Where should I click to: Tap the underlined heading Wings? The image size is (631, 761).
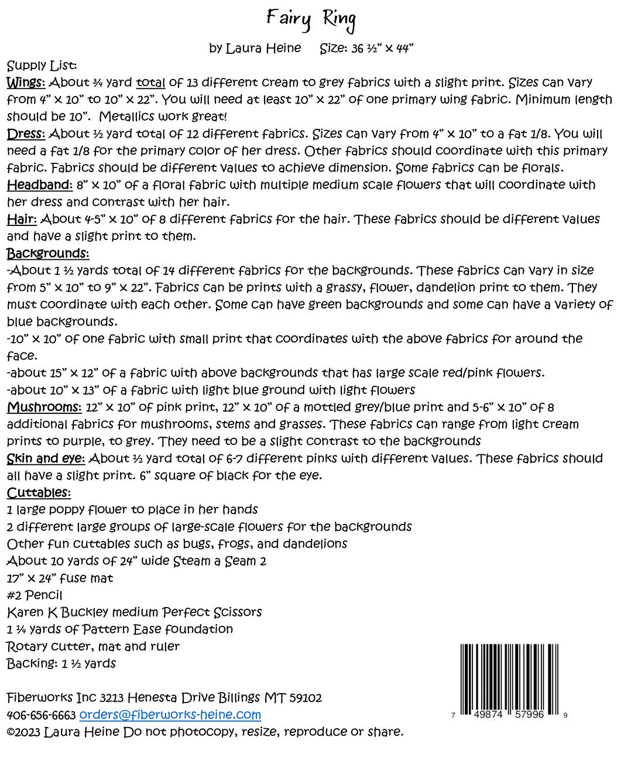pos(26,83)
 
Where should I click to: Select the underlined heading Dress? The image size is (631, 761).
pos(26,134)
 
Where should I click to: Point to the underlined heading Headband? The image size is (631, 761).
pos(40,185)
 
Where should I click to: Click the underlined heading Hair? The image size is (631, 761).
pos(22,220)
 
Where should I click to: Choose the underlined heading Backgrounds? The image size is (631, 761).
pos(47,253)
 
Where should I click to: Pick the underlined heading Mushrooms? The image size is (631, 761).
pos(44,407)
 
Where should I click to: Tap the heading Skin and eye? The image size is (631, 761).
pos(46,459)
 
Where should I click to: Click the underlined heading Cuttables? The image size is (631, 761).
pos(39,493)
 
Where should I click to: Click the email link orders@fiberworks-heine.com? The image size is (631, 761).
pos(170,715)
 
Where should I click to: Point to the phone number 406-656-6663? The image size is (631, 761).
pos(41,715)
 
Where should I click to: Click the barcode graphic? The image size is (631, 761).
pos(509,679)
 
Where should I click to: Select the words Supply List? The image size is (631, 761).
pos(42,66)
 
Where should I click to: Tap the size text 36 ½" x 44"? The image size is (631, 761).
pos(382,49)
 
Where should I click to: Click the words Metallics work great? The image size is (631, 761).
pos(162,116)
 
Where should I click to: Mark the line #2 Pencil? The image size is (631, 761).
pos(35,595)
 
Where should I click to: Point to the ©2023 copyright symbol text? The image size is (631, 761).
pos(23,732)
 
